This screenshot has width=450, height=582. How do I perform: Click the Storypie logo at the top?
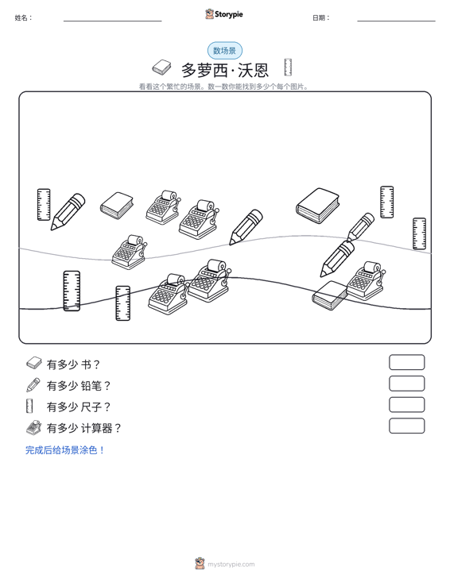pos(224,14)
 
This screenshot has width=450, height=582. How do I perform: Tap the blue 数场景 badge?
pos(225,51)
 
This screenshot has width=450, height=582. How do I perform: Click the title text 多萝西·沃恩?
pos(225,70)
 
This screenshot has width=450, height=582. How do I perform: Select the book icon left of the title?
pos(161,67)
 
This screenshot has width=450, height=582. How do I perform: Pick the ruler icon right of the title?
pos(288,67)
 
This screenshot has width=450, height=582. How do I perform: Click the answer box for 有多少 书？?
pos(406,362)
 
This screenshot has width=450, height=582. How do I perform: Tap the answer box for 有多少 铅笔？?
pos(406,384)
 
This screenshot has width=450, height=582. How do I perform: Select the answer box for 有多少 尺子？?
pos(406,405)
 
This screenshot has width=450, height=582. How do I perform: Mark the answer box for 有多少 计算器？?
pos(406,426)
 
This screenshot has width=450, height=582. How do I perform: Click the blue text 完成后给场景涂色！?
pos(65,450)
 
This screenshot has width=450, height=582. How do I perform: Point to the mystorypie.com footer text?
pos(231,565)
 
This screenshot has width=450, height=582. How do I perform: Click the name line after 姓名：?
pos(113,21)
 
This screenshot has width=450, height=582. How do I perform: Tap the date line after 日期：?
pos(396,21)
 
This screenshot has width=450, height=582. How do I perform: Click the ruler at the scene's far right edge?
pos(419,233)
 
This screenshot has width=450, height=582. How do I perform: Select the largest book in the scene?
pos(317,206)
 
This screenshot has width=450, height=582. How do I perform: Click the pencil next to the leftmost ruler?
pos(68,211)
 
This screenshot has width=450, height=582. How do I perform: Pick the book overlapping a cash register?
pos(330,295)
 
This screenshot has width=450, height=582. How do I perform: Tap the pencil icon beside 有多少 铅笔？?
pos(33,385)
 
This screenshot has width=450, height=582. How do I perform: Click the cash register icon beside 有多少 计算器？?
pos(33,427)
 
